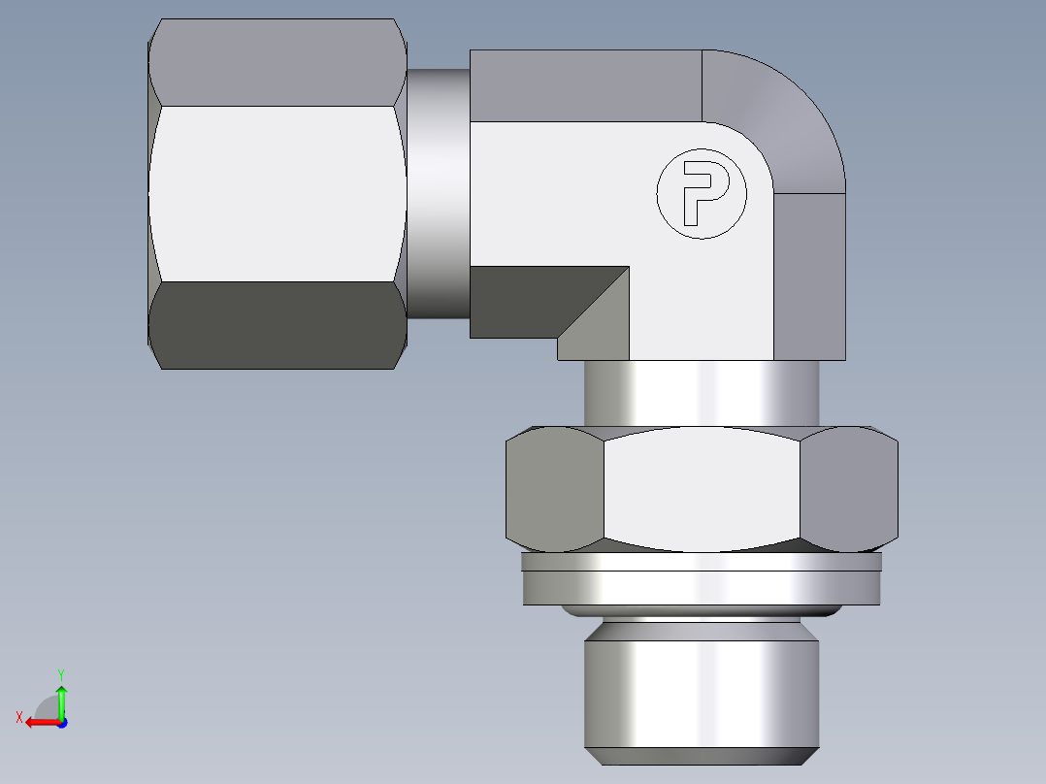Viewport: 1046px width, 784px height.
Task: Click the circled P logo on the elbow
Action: tap(702, 193)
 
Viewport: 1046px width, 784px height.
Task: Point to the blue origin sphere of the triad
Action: tap(61, 723)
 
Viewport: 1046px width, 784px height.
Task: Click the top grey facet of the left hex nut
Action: tap(278, 62)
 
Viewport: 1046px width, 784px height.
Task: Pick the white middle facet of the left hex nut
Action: tap(278, 194)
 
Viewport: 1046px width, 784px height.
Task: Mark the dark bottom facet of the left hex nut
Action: tap(278, 325)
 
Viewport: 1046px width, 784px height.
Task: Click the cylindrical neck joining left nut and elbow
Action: tap(438, 193)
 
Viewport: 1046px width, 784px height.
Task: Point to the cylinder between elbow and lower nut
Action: tap(702, 392)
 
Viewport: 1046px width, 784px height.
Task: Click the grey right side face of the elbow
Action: tap(810, 277)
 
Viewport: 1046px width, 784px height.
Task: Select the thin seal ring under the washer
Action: tap(702, 610)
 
